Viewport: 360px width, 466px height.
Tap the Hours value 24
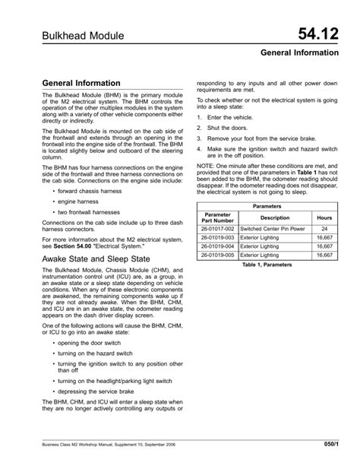(x=324, y=229)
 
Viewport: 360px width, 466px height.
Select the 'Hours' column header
(x=324, y=217)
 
